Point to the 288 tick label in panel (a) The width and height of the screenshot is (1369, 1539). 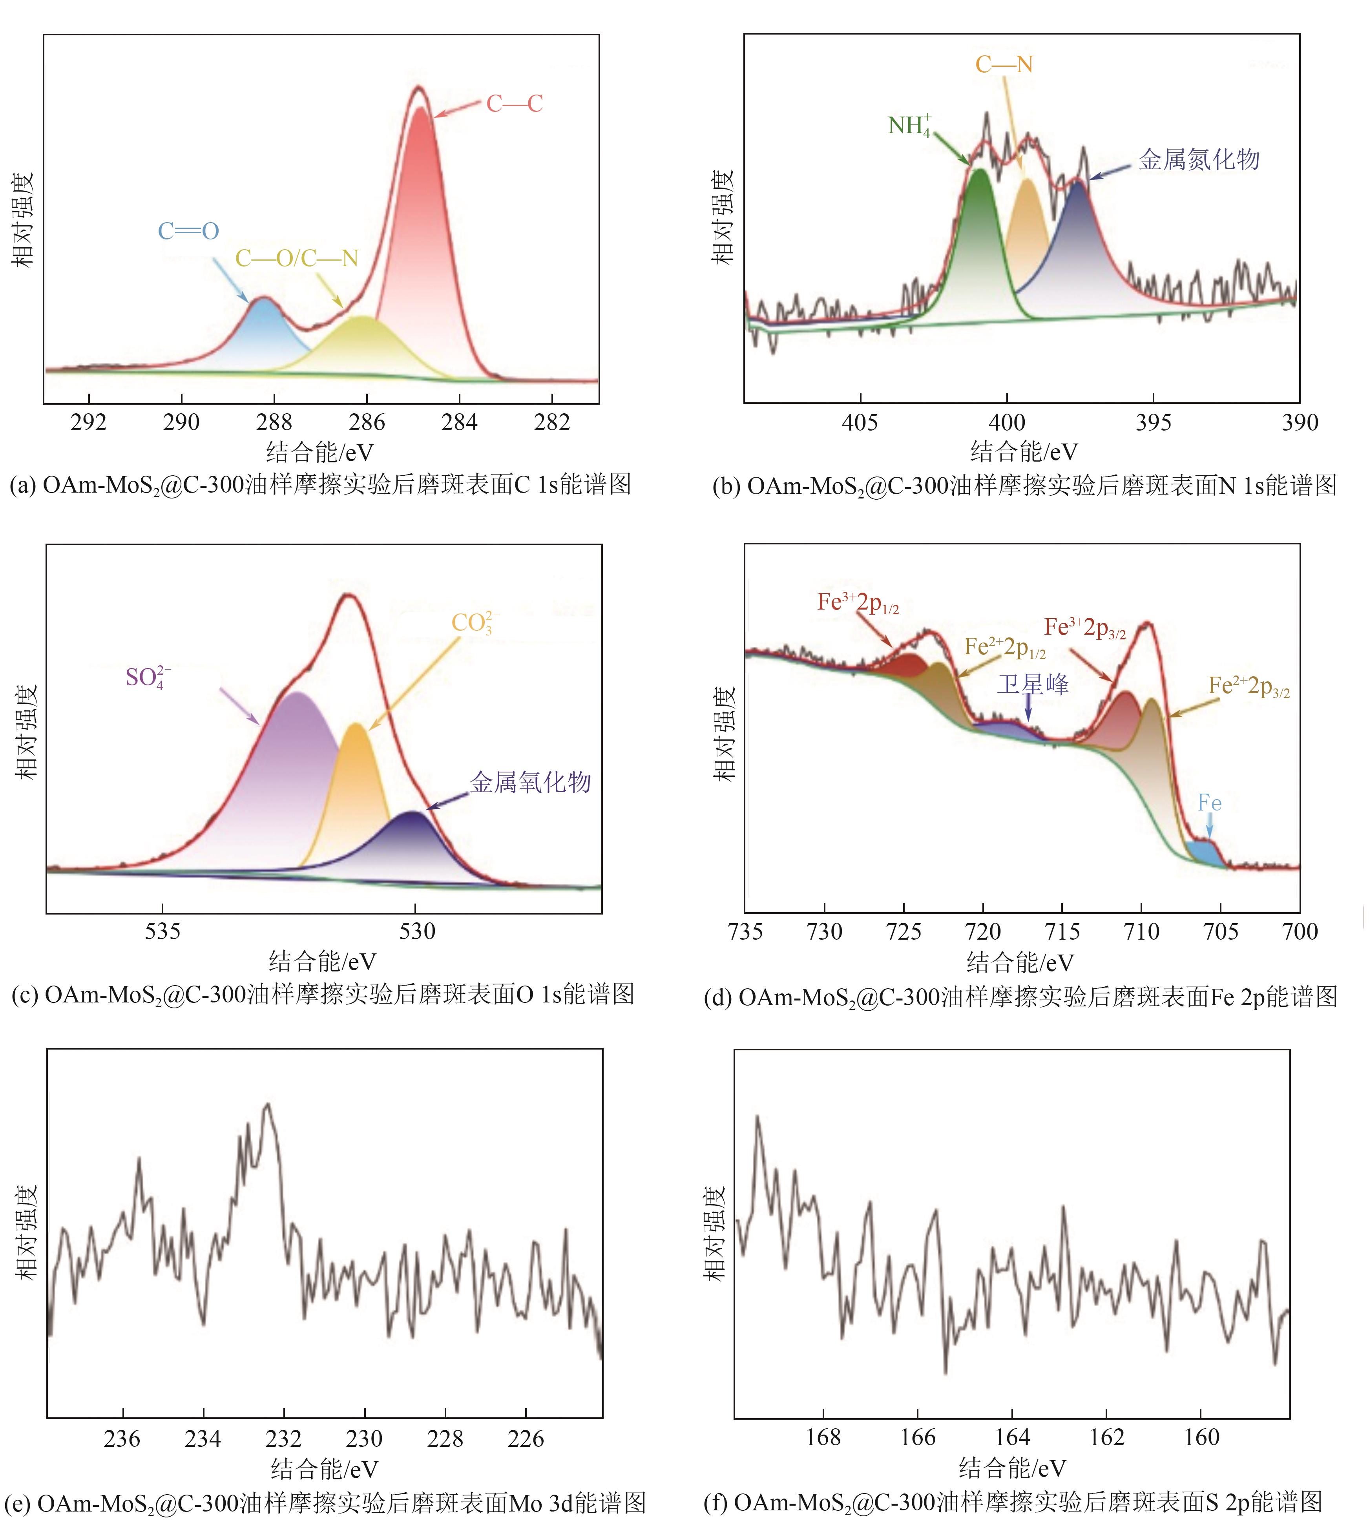274,422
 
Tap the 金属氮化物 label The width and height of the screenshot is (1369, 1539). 1199,160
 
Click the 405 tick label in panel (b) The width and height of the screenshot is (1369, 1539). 860,422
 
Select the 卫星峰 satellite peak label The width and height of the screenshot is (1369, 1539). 1032,685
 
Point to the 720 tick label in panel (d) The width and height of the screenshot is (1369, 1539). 983,932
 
